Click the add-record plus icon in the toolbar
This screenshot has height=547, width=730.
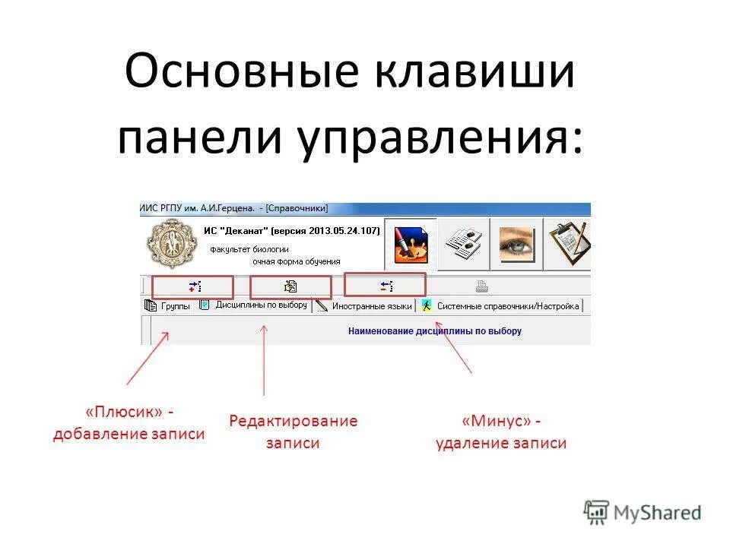195,286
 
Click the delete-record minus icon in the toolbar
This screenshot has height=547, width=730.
386,286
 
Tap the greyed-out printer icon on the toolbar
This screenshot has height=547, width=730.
481,286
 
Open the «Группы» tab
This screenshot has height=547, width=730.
169,306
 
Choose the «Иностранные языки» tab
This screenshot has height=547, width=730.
365,306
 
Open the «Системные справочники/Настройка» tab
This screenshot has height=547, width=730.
501,306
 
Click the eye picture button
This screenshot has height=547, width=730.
516,244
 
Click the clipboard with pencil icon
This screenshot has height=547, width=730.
570,244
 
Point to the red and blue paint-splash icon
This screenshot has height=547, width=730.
411,244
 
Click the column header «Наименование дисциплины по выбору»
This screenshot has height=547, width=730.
434,331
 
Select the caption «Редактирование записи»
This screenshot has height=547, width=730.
293,432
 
